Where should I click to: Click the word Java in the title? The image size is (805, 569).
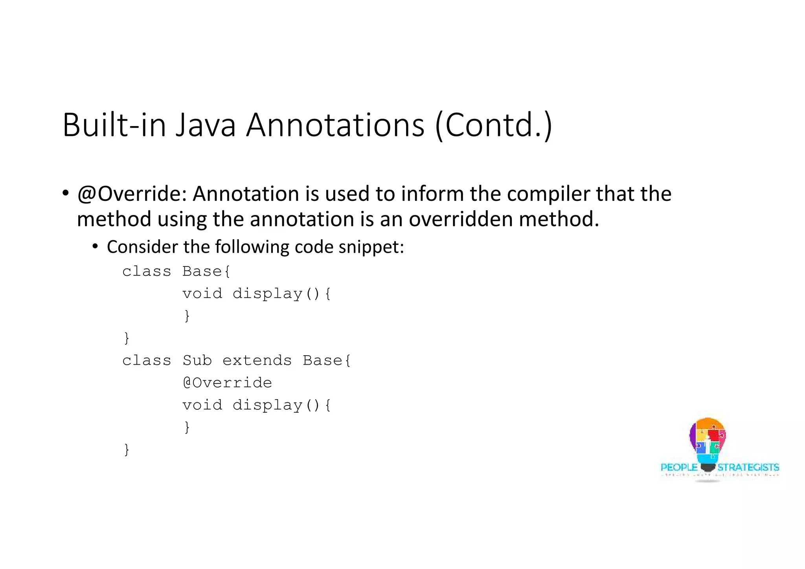[205, 125]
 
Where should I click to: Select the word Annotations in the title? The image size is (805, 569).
[335, 125]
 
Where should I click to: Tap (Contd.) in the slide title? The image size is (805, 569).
[494, 125]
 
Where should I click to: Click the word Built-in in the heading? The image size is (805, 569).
[114, 125]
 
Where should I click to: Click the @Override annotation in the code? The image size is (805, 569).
[227, 383]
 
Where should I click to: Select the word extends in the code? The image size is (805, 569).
[257, 360]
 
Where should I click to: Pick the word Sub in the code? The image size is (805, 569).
[197, 360]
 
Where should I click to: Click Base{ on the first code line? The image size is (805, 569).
[206, 272]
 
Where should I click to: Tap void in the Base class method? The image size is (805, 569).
[202, 294]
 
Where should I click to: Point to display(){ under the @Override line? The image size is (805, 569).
[282, 405]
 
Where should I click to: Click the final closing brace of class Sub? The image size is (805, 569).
[127, 449]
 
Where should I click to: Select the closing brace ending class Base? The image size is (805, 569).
[127, 338]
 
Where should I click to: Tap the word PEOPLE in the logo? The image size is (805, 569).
[678, 467]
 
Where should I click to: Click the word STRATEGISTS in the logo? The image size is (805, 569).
[748, 467]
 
